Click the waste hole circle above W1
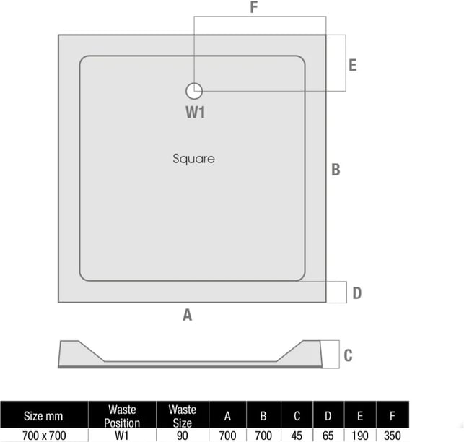194,91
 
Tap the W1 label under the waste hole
196,112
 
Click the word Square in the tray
194,159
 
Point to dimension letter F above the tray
254,7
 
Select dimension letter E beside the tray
353,65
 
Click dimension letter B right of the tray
336,170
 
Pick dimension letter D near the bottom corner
357,293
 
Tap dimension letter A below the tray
188,315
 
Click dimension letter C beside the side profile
349,355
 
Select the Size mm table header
43,416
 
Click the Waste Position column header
122,416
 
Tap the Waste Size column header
183,416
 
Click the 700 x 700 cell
44,435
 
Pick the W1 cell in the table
122,435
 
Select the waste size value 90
183,435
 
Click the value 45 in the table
297,435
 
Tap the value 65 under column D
328,435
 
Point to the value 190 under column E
360,435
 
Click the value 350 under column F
393,435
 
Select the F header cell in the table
393,416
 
